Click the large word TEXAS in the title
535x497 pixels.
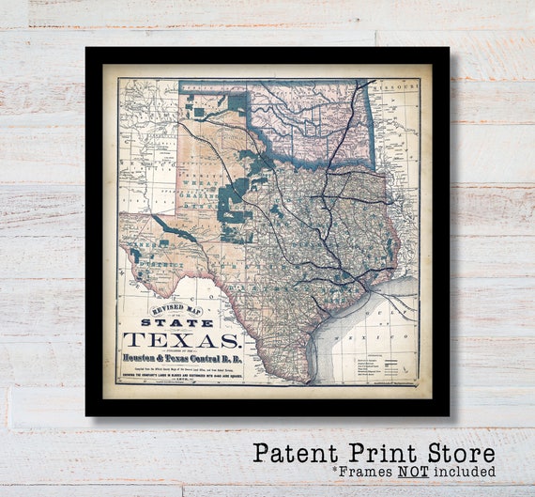click(183, 341)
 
